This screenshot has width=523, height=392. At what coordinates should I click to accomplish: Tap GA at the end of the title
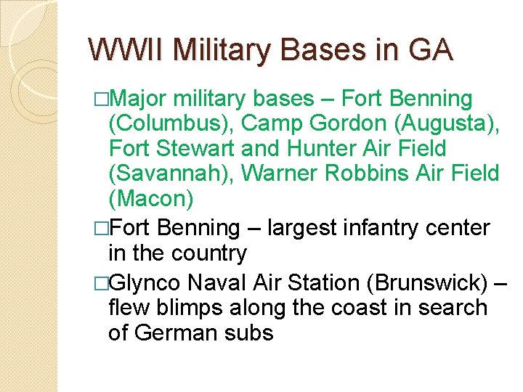coord(431,50)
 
